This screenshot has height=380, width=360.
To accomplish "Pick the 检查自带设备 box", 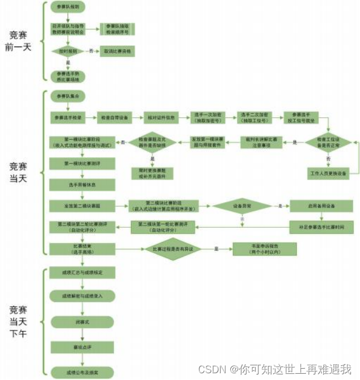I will pyautogui.click(x=115, y=118).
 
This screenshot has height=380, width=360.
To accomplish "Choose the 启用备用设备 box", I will pyautogui.click(x=322, y=206).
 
